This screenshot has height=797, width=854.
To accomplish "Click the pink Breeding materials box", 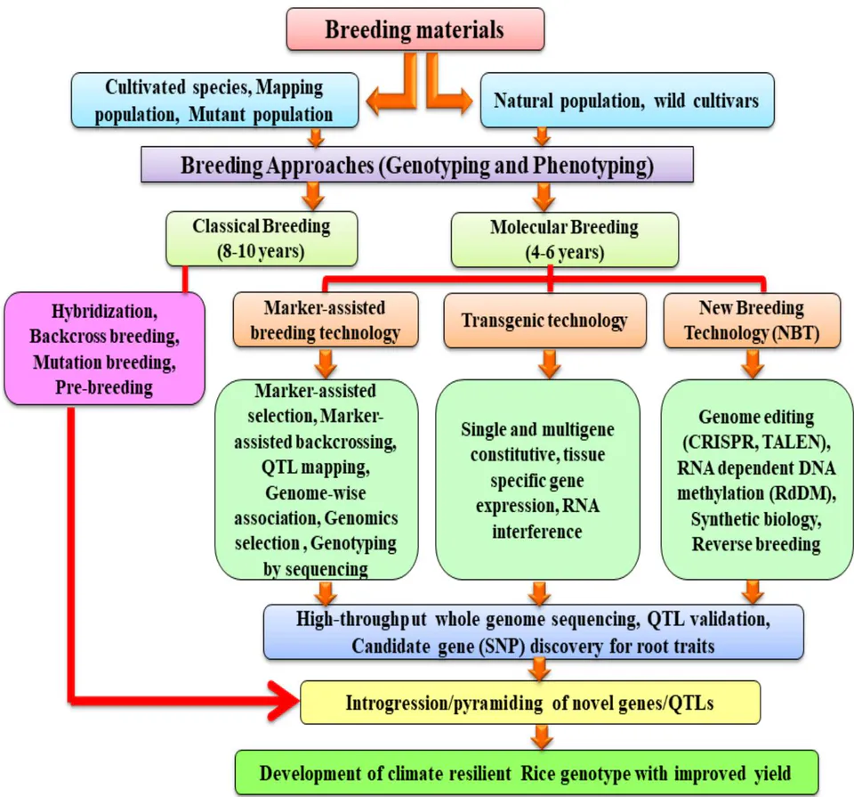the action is point(415,28).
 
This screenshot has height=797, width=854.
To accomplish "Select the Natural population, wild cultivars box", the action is point(627,101).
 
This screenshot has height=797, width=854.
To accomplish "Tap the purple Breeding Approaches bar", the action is point(417,164).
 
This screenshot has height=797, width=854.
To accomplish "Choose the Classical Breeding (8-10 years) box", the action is point(262,239).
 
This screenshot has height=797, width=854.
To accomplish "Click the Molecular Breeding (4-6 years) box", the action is point(565,240).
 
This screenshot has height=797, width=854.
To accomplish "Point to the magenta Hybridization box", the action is point(105,348).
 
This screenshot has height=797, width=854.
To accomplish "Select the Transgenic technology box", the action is point(544,321).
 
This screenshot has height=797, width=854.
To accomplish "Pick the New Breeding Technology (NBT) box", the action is point(753,321).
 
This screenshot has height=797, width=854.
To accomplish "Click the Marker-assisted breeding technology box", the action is point(326,320).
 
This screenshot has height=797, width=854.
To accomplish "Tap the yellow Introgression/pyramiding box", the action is point(530,702).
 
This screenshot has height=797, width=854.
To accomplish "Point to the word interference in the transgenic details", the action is point(537,531).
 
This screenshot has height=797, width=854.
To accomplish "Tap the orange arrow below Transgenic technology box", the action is point(550,363).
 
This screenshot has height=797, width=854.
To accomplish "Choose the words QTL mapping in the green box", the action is point(315,468).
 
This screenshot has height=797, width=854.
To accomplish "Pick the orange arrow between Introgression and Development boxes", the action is point(541,737).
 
